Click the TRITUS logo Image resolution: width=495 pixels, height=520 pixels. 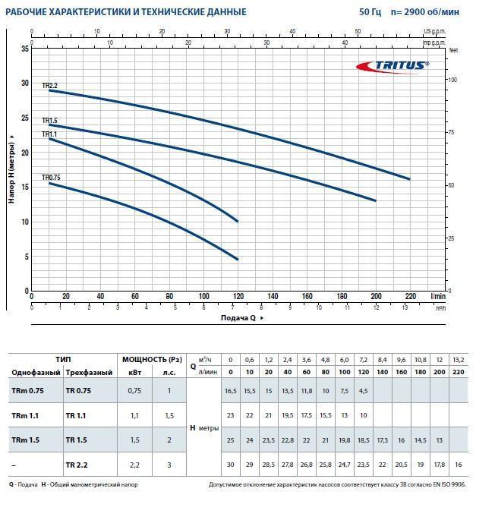[393, 66]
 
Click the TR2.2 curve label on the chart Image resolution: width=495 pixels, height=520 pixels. [49, 86]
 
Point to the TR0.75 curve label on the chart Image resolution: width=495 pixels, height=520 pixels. [51, 178]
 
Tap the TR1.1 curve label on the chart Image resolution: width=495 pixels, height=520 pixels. [49, 134]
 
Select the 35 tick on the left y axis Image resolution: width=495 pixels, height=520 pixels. [25, 49]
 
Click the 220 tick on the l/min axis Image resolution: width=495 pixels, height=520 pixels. [410, 297]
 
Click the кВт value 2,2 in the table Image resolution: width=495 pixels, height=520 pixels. [135, 463]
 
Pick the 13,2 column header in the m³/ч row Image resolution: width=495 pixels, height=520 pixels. [459, 359]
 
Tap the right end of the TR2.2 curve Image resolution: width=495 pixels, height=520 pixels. [409, 179]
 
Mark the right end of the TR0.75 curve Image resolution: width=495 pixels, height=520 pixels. [238, 260]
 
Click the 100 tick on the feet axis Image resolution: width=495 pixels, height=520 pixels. [453, 80]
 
